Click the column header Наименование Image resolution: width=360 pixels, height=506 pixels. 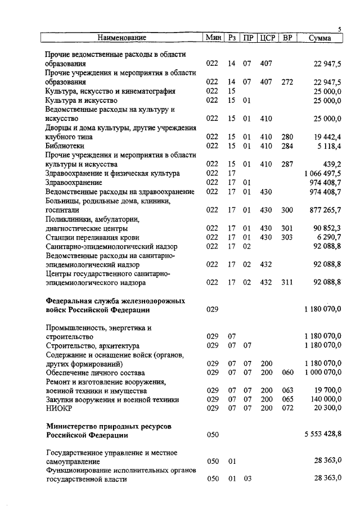coord(121,38)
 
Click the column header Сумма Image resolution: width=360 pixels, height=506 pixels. coord(320,38)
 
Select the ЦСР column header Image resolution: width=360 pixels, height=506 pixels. coord(267,38)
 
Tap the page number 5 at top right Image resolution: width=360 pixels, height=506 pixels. coord(340,29)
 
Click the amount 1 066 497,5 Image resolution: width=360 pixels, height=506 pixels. coord(322,173)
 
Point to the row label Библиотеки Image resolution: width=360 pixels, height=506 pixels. coord(65,146)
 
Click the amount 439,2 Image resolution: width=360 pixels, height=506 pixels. coord(332,164)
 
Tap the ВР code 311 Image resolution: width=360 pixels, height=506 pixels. coord(287,282)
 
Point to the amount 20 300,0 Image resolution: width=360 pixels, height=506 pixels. coord(326,409)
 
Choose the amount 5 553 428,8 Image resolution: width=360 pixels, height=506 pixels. coord(322,435)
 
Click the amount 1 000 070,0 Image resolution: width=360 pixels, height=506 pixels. coord(322,372)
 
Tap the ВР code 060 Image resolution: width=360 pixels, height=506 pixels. coord(287,372)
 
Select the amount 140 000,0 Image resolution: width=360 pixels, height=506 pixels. coord(325,400)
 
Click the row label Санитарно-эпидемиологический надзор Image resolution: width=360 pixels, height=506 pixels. coord(111,246)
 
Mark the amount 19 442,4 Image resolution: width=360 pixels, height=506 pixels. coord(326,137)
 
